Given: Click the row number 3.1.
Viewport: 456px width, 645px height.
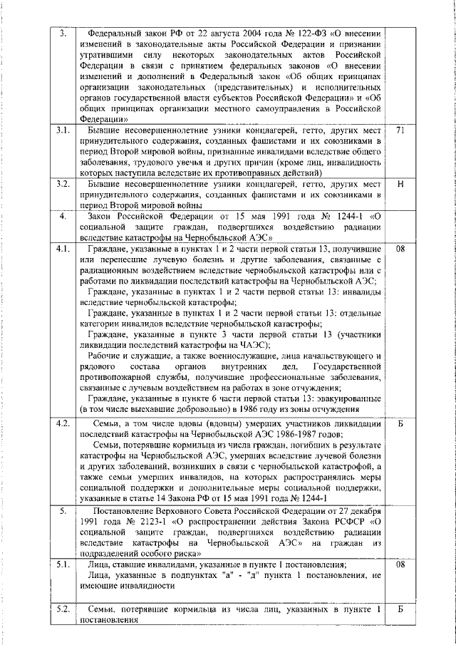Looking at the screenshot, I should pos(63,131).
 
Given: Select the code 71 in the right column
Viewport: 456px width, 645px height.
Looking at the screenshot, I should pos(400,131).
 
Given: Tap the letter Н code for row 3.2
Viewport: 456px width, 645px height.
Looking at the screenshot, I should pos(400,184).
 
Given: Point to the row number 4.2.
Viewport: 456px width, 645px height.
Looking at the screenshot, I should pos(63,423).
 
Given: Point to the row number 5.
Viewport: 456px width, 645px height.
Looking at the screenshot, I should pos(63,513).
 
